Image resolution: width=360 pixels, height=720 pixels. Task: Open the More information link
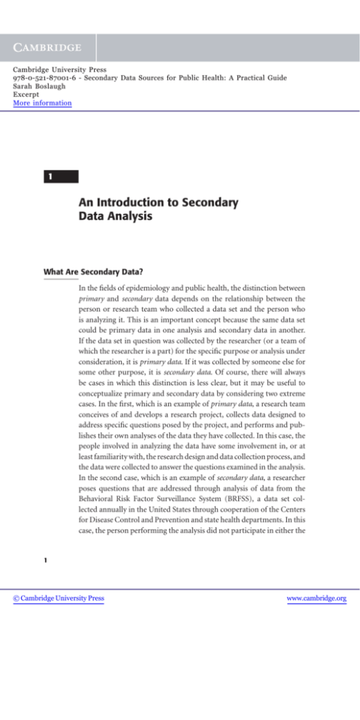pyautogui.click(x=42, y=104)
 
